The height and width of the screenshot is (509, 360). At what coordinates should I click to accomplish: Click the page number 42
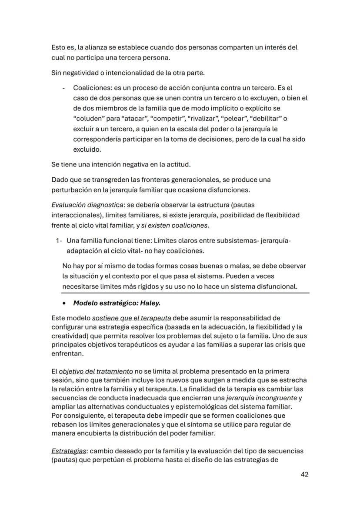click(x=304, y=474)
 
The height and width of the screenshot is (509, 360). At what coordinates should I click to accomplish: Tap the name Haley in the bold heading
click(x=154, y=303)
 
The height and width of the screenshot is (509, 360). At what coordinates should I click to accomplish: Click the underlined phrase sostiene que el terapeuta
click(x=131, y=317)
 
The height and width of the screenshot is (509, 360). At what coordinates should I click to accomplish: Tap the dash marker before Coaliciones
click(x=64, y=88)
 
